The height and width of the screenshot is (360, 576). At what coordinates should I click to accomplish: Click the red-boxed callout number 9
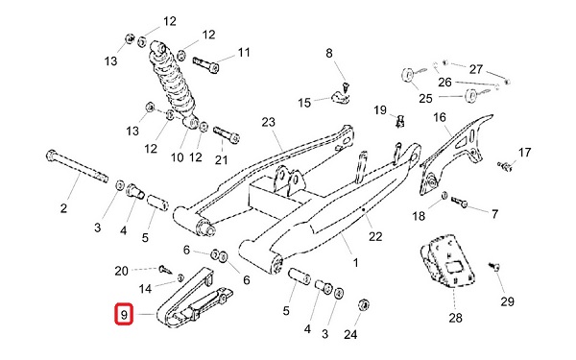coord(124,315)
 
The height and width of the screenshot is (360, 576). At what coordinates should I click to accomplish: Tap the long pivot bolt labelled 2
coord(78,166)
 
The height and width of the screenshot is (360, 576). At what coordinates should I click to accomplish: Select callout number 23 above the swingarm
coord(268,122)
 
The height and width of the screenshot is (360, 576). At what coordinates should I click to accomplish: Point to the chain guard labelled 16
coord(455,155)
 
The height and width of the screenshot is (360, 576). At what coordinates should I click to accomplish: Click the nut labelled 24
coord(363,304)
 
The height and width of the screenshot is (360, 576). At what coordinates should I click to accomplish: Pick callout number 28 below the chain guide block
coord(455,318)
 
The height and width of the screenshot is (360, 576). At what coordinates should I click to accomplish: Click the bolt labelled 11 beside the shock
coord(205,64)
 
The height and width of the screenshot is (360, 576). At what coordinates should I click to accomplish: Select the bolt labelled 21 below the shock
coord(227,134)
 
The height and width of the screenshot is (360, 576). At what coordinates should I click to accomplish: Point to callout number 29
coord(507,301)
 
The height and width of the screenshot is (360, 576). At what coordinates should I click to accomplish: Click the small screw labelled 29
coord(493,266)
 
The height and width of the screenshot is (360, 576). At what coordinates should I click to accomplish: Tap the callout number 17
coord(524,152)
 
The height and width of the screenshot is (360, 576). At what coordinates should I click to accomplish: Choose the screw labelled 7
coord(459,202)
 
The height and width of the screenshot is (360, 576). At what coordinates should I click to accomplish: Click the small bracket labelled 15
coord(341,97)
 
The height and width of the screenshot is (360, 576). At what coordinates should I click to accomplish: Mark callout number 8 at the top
coord(328,53)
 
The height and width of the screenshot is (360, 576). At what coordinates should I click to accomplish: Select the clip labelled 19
coord(400,121)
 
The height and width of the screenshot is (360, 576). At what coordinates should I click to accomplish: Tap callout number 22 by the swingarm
coord(375,236)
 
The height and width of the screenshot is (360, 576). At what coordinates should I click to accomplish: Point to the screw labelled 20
coord(165,269)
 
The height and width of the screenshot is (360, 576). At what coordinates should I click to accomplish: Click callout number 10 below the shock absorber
coord(177,157)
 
